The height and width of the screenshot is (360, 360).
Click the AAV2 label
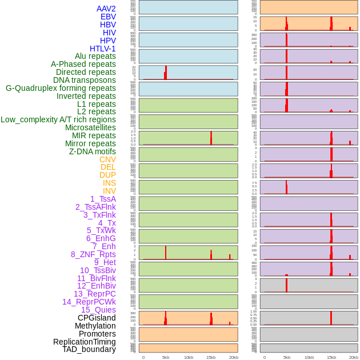point(106,9)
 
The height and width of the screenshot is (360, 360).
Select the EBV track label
point(108,17)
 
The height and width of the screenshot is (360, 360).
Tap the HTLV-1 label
point(102,49)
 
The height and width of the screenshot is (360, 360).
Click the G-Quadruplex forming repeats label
point(61,88)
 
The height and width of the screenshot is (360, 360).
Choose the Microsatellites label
point(90,127)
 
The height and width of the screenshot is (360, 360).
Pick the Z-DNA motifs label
point(93,151)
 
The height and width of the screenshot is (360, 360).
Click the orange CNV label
point(107,159)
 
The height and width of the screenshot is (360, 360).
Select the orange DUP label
point(107,175)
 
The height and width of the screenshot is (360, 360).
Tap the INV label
point(109,191)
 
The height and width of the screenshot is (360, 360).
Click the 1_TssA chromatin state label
point(103,199)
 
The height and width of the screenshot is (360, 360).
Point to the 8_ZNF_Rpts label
point(93,254)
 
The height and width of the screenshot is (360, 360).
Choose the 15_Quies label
point(98,310)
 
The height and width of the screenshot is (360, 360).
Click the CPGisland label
point(97,318)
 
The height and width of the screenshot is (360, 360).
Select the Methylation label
point(95,326)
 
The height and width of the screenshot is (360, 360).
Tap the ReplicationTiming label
point(84,342)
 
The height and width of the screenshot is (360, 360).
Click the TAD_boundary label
point(89,349)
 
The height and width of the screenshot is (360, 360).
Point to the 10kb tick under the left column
point(189,357)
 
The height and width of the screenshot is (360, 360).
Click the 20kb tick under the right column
point(354,357)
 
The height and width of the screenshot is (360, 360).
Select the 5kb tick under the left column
point(166,357)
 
